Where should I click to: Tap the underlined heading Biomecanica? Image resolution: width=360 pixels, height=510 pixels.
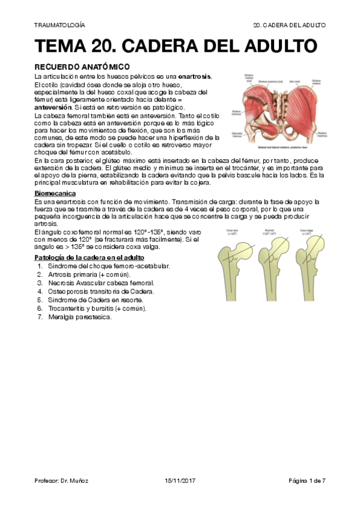point(55,193)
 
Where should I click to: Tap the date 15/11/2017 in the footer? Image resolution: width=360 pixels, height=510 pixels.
point(180,481)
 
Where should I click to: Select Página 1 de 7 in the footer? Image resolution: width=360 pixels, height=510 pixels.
point(307,481)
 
